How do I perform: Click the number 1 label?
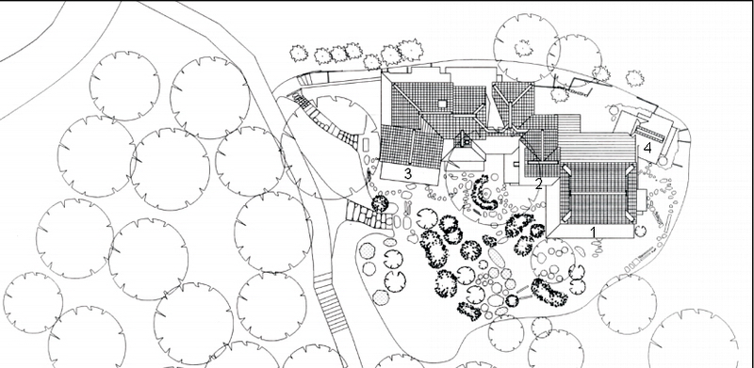[x=594, y=232]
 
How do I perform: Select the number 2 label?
[x=538, y=183]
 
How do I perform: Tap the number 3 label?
[x=408, y=173]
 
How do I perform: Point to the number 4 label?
[x=647, y=148]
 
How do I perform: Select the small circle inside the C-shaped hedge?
[x=486, y=194]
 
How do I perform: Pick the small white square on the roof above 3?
[x=442, y=104]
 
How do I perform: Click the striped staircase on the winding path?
[x=330, y=303]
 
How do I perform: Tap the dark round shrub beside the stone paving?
[x=380, y=203]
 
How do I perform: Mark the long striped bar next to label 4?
[x=650, y=133]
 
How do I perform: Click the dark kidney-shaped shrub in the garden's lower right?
[x=549, y=291]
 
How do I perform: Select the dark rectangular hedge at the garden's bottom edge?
[x=468, y=312]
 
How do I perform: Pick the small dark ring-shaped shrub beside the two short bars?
[x=512, y=301]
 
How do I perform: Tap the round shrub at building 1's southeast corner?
[x=640, y=231]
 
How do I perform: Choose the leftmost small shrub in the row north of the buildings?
[x=299, y=53]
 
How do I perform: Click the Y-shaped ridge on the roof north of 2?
[x=512, y=103]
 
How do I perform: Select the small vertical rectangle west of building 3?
[x=365, y=144]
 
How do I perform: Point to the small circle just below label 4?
[x=663, y=161]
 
